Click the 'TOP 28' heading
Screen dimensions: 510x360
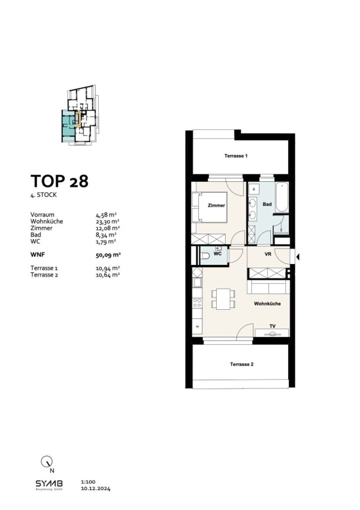click(x=59, y=181)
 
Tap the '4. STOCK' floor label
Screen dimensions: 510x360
click(x=44, y=196)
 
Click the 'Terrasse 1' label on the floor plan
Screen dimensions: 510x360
click(x=236, y=156)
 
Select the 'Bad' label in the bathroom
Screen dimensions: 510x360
click(x=267, y=204)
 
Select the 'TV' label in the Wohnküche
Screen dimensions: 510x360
click(x=272, y=327)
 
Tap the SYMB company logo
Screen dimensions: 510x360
click(x=48, y=484)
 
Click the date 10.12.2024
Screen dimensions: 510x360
click(x=95, y=489)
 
